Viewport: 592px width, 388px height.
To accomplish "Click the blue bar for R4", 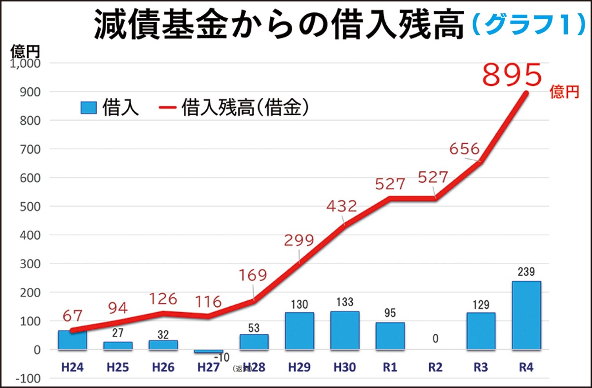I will tap(526, 316).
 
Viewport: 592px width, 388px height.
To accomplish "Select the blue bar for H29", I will tap(299, 331).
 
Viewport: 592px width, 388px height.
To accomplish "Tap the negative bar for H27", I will tap(209, 351).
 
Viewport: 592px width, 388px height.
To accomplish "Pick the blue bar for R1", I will tap(390, 336).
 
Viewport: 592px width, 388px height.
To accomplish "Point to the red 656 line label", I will tap(464, 148).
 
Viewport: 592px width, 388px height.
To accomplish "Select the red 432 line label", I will tap(341, 206).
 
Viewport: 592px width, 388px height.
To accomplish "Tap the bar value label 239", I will tap(526, 272).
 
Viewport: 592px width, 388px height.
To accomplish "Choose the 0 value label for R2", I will tap(436, 339).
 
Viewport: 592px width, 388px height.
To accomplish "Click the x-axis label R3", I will tap(481, 367).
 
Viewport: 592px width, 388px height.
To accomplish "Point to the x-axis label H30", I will tap(345, 367).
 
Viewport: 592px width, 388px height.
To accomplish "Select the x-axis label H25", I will tap(118, 367).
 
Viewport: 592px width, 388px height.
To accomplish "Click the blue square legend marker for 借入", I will tap(88, 108).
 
